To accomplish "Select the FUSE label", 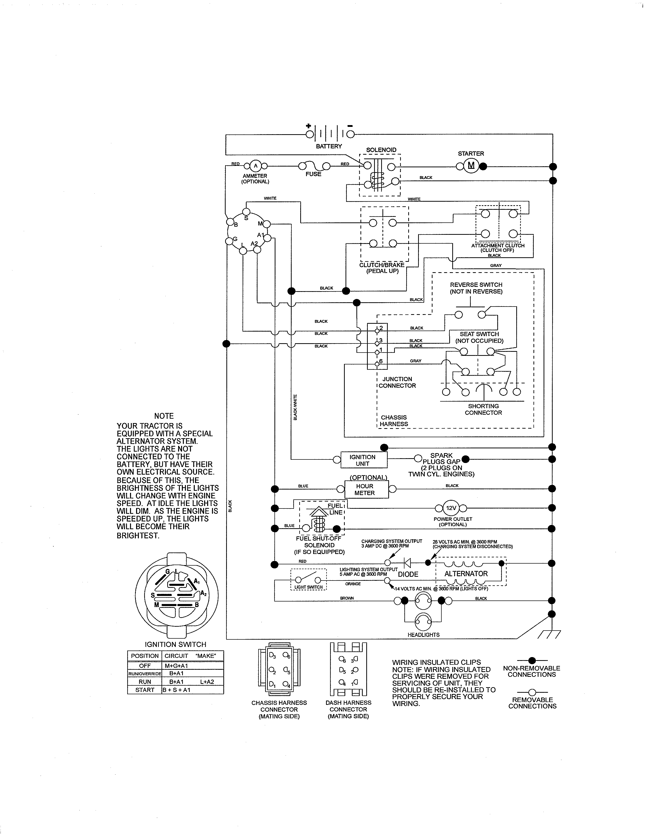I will [x=313, y=174].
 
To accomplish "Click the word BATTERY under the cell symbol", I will [x=329, y=146].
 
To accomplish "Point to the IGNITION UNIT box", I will [x=362, y=460].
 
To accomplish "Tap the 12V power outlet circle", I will [x=451, y=508].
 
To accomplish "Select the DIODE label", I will [x=408, y=574].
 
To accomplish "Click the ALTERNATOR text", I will [x=466, y=574].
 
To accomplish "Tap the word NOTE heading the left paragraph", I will [x=164, y=416].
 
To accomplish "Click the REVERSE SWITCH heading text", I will [x=476, y=285].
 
